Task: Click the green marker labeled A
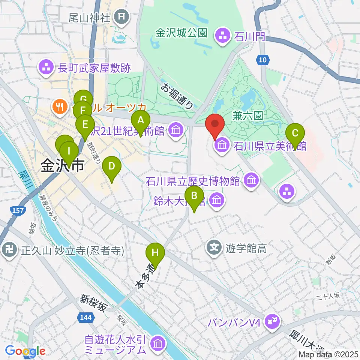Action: [x=141, y=121]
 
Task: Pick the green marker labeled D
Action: [x=111, y=166]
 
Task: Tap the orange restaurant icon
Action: [x=59, y=106]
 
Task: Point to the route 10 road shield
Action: [x=263, y=59]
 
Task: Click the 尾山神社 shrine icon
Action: [x=121, y=16]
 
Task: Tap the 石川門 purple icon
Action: [x=220, y=36]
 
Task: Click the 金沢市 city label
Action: [x=62, y=165]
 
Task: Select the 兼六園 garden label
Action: [x=247, y=117]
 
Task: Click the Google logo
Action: [x=25, y=351]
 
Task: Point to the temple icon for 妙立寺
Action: [x=8, y=250]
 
